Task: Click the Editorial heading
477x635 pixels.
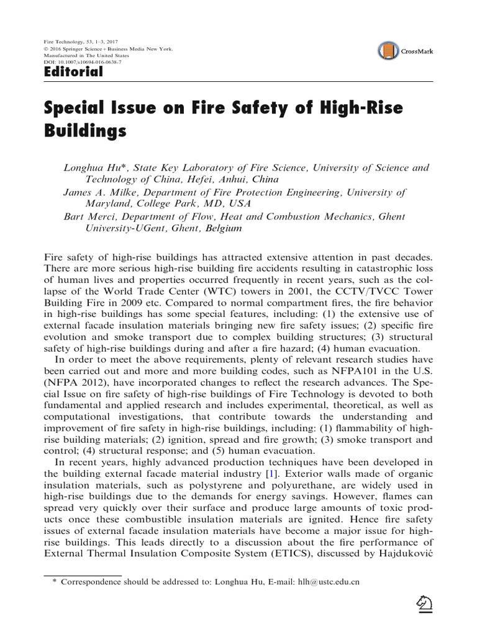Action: coord(73,73)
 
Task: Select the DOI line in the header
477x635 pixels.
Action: coord(82,62)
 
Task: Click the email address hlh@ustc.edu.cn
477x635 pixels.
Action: coord(320,584)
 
